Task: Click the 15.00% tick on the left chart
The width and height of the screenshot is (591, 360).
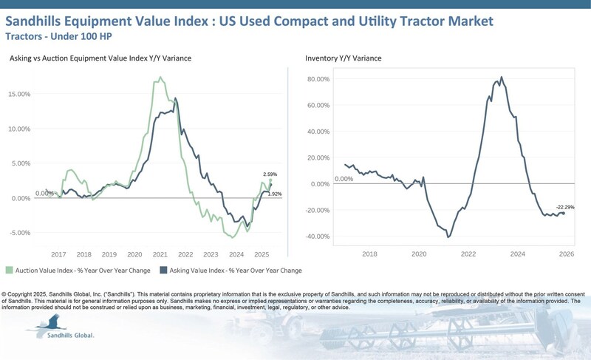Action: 19,94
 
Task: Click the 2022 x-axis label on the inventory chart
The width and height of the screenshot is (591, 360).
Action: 468,253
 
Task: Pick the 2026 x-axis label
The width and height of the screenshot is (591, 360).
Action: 566,253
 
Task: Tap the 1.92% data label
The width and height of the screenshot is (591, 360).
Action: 274,194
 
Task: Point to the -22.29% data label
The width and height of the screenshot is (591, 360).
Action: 565,206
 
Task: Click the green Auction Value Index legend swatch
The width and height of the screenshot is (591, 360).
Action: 9,271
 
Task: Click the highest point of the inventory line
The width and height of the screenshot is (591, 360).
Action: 502,77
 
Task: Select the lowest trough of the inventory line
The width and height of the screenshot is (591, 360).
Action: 448,237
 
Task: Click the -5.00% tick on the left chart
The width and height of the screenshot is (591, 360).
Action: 19,232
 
